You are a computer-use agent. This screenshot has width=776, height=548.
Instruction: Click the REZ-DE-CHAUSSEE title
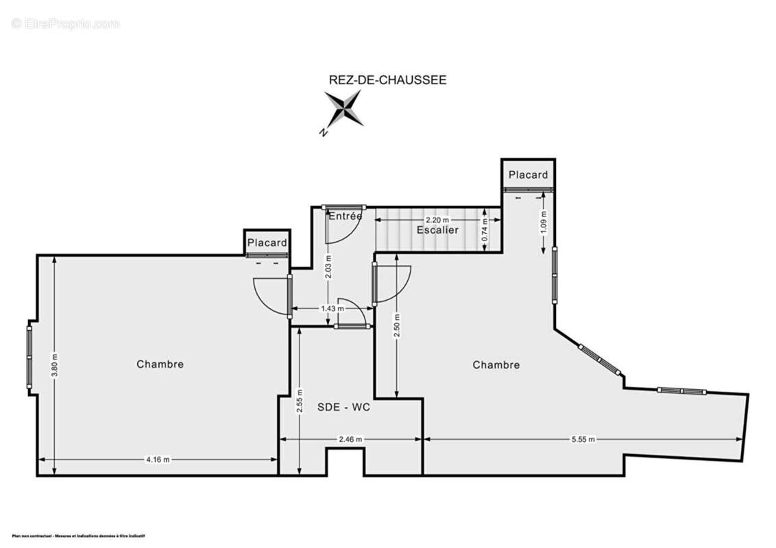[388, 80]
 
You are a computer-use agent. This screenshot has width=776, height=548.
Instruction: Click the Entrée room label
[345, 216]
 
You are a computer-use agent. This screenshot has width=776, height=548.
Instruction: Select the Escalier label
[437, 230]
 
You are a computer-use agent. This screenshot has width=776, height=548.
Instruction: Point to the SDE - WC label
[343, 407]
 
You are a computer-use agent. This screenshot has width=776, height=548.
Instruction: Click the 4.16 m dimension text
[157, 460]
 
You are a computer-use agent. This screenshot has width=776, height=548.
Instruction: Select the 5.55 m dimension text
[583, 439]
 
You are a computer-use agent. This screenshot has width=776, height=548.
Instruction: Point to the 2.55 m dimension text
[300, 402]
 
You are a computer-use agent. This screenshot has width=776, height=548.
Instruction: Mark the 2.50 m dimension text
[397, 323]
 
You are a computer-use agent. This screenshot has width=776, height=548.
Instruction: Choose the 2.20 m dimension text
[437, 220]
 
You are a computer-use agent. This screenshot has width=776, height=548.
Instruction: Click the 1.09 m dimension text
[544, 223]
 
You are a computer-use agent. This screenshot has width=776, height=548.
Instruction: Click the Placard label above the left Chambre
[267, 242]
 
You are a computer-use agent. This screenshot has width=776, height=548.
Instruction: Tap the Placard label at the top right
[528, 175]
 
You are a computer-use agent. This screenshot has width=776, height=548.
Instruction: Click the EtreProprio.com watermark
[65, 24]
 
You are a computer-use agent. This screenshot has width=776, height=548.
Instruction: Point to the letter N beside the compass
[323, 133]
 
